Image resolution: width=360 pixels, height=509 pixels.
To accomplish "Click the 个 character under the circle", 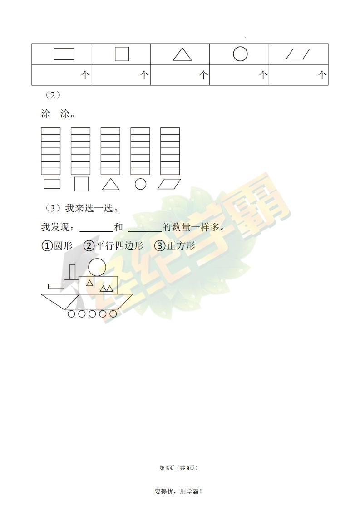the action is [x=262, y=76].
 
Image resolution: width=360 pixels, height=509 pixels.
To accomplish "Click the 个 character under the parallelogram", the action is [x=322, y=76].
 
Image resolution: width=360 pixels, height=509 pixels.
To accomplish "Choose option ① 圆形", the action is [x=57, y=246].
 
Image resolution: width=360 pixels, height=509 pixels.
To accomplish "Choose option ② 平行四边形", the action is [x=113, y=246].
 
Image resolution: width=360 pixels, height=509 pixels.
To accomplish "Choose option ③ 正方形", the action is [x=175, y=246].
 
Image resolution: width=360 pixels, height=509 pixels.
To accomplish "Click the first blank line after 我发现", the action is [x=97, y=232].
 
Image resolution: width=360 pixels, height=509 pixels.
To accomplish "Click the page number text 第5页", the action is [x=167, y=468].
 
